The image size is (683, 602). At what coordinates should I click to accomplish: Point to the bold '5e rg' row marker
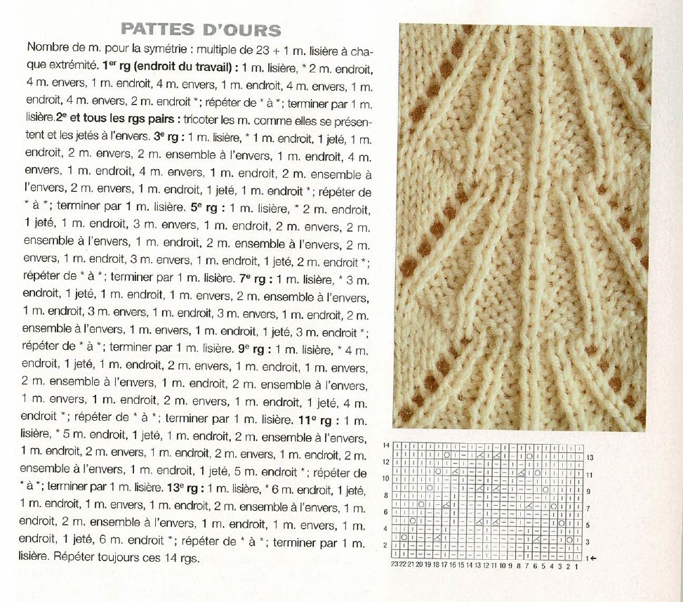(212, 208)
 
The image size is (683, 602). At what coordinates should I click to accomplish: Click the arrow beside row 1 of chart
(594, 558)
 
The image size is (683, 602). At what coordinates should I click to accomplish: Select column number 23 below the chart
(394, 565)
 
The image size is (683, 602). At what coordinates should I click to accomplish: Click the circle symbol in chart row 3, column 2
(569, 540)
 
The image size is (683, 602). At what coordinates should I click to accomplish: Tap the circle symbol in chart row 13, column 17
(446, 455)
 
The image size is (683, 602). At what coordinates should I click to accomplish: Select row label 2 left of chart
(385, 545)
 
